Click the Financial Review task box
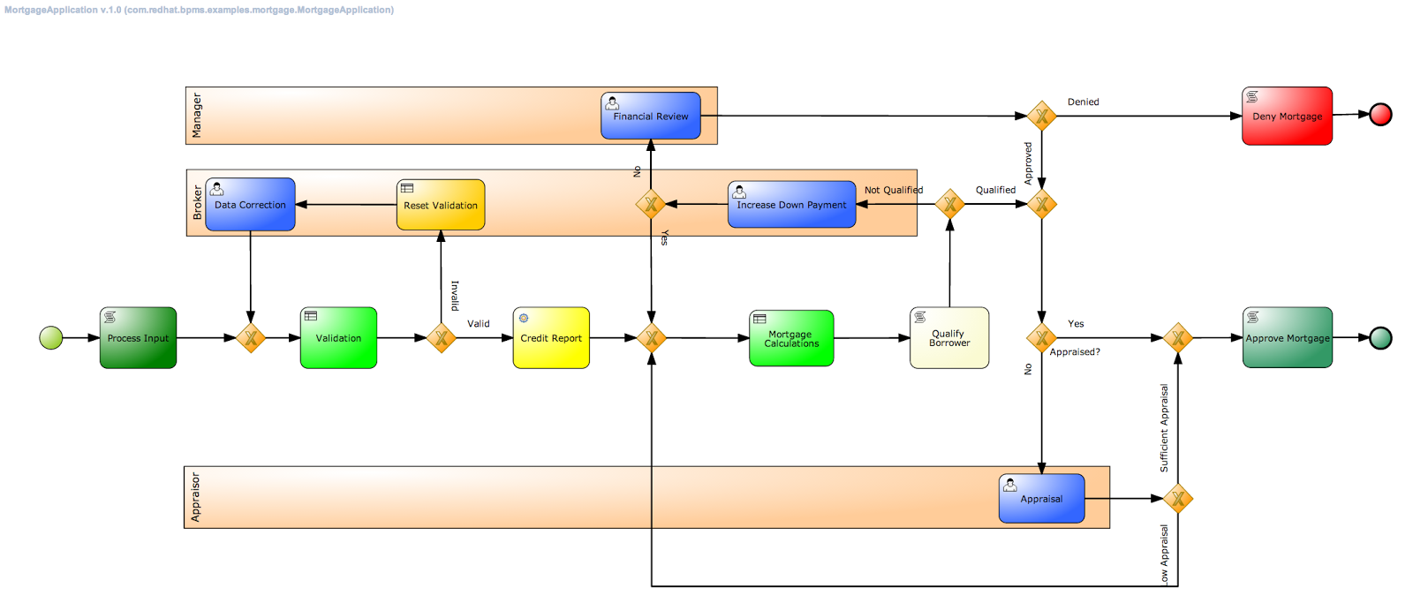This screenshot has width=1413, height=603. coord(651,116)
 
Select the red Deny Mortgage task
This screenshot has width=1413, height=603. coord(1287,116)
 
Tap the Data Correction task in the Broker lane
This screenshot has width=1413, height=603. coord(250,205)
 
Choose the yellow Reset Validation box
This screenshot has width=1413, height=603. coord(441,205)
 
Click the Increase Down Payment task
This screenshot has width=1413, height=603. coord(791,205)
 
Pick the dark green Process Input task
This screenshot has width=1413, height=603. coord(138,338)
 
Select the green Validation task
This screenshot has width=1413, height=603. coord(338,338)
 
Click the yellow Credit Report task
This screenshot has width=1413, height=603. coord(551,338)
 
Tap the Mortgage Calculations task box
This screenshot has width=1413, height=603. coord(791,338)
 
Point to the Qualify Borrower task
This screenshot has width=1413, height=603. coord(949,338)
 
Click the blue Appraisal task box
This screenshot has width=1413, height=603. coord(1041,499)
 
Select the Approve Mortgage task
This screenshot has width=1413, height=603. coord(1287,338)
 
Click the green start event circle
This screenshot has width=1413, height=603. coord(51,337)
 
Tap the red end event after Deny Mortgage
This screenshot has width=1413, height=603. coord(1380,114)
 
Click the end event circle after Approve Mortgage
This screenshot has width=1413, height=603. coord(1380,337)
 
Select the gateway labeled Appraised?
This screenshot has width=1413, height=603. coord(1041,337)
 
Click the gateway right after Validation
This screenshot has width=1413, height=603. coord(441,337)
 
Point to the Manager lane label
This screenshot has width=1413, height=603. coord(196,116)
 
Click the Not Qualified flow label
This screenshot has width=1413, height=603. coord(893,190)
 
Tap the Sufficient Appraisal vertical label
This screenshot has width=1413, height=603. coord(1164,427)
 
